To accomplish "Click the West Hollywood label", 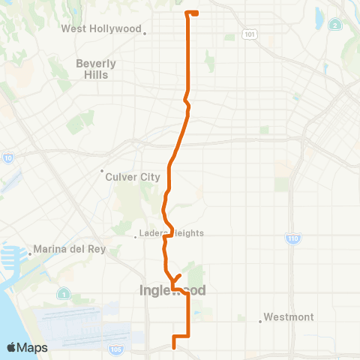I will [x=101, y=29].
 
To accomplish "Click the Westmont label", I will [x=289, y=317].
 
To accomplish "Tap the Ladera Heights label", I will [x=172, y=233].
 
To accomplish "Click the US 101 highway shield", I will [x=249, y=34].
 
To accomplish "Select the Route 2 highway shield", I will [x=335, y=25].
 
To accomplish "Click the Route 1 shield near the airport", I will [x=66, y=293].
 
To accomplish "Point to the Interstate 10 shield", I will [x=7, y=157].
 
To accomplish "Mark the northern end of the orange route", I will [x=196, y=13].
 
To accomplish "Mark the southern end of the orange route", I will [x=174, y=346].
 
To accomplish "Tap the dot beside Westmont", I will [x=260, y=321].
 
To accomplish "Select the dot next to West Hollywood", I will [x=145, y=32].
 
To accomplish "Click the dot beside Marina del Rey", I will [x=29, y=253].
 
